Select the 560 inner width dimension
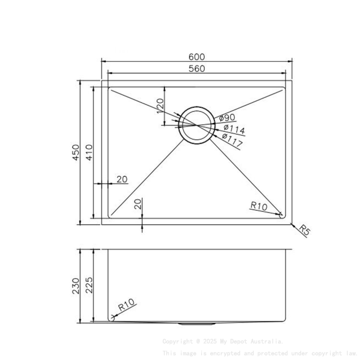(197, 69)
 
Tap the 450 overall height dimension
(76, 152)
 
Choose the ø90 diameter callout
(227, 118)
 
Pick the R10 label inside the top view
(258, 206)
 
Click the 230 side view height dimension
(76, 286)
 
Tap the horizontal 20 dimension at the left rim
(122, 179)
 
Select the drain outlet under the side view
(197, 324)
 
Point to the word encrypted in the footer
(225, 353)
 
